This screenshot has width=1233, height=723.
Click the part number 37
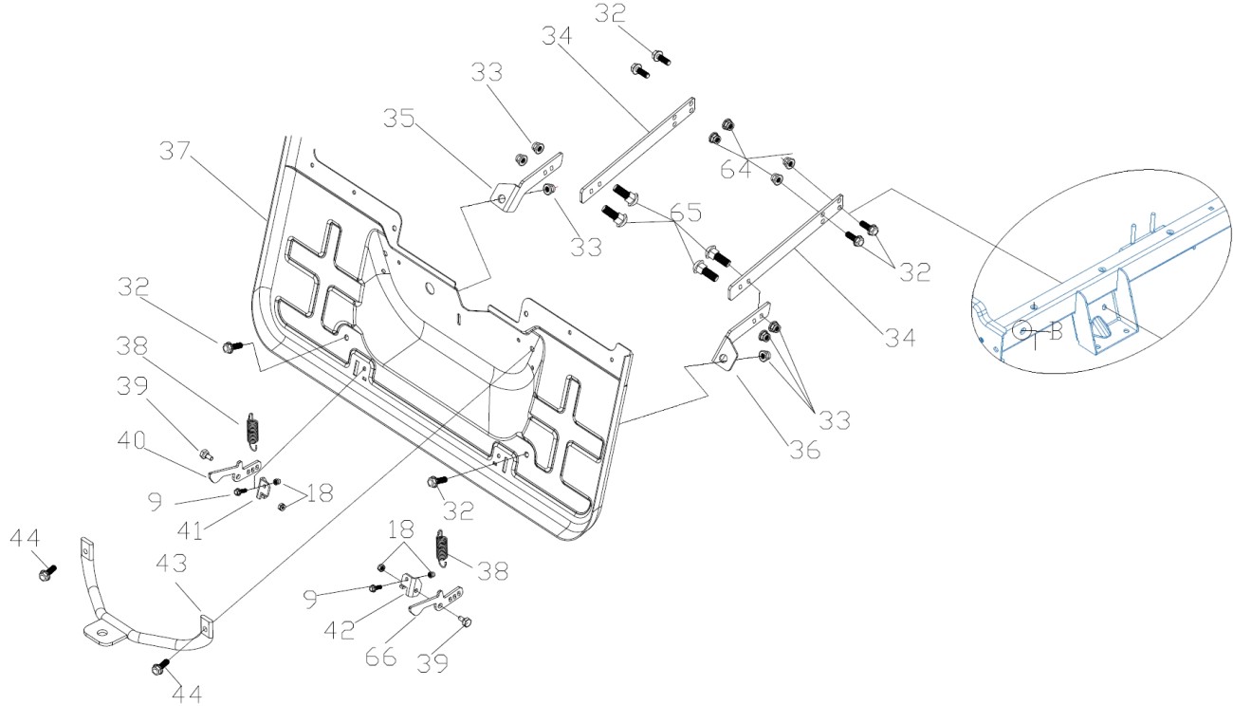175,151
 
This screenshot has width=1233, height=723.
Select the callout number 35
399,119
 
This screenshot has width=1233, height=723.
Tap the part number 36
804,450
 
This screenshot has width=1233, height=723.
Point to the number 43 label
172,563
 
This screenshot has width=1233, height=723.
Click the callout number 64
736,169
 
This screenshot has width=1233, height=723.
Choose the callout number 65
686,212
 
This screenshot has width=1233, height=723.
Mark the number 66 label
381,657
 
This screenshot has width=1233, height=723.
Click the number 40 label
132,440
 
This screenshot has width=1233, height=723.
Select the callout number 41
191,530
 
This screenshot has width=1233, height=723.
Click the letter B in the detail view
1056,331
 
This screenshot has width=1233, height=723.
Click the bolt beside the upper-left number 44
47,573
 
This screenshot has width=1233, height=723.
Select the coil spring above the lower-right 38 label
442,547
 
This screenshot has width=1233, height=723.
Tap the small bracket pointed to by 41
265,489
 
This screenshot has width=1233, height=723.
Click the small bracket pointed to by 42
412,585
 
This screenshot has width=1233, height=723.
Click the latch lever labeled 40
235,471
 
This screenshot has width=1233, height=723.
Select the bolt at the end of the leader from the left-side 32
231,347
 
